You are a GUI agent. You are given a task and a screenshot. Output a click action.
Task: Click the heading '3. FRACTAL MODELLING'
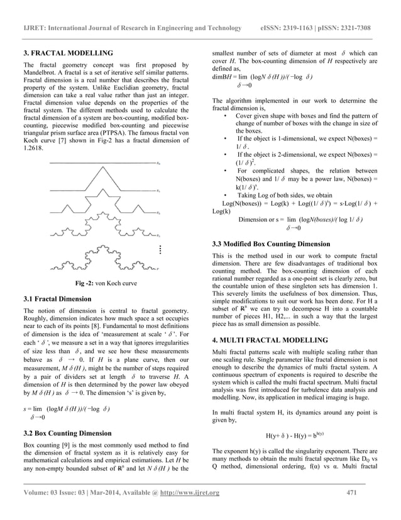click(x=68, y=53)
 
